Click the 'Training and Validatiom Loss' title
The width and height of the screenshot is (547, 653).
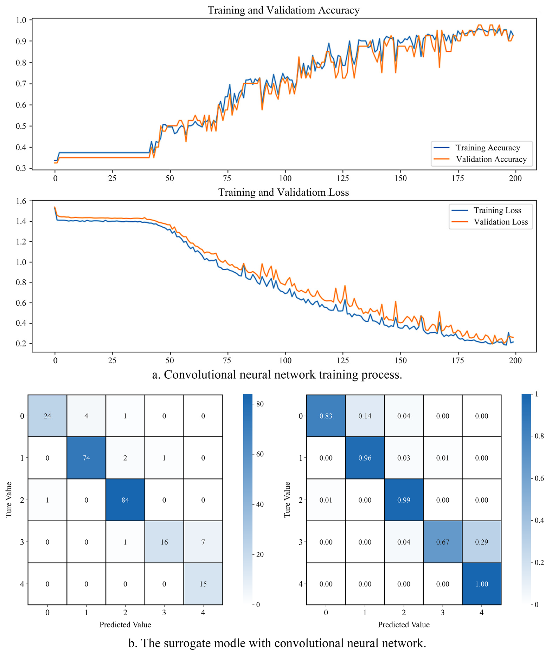tap(283, 192)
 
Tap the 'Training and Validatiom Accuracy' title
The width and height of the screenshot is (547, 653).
tap(284, 10)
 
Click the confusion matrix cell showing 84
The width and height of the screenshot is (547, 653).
tap(125, 500)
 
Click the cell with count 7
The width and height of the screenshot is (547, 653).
tap(203, 542)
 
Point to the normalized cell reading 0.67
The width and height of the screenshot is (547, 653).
tap(443, 542)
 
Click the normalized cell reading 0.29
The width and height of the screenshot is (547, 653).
tap(481, 542)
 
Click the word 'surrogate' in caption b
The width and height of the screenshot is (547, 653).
tap(185, 643)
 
